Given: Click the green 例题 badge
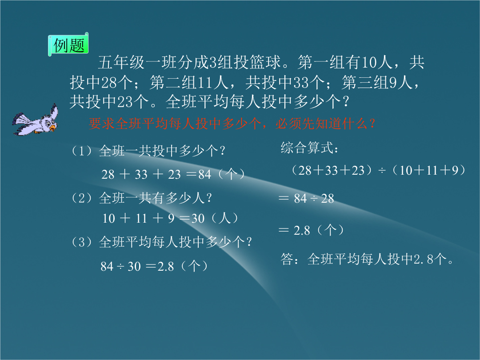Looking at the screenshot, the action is coord(68,45).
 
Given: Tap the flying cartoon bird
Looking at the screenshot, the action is coord(36,120).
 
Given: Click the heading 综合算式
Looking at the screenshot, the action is coord(309,148).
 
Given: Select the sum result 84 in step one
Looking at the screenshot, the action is coord(205,175).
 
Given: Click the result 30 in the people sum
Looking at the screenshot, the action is coord(198,218).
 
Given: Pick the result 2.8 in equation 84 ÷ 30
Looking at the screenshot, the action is coord(166,266).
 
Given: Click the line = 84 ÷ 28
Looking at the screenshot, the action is coord(306,198).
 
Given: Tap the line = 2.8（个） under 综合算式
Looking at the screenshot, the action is coord(312,230).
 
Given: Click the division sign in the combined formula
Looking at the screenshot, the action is coord(382,171).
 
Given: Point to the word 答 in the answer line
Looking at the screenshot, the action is coord(287,259).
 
